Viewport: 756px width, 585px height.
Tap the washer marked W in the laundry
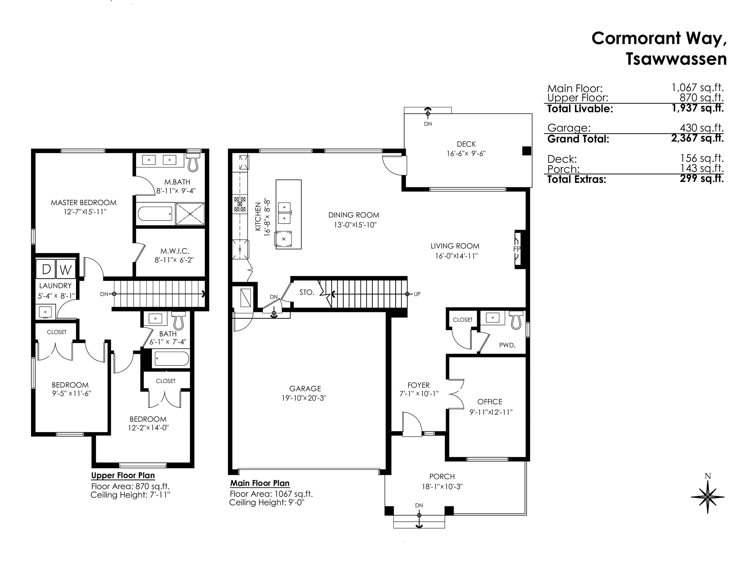(66, 269)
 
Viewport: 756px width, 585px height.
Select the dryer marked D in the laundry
(46, 269)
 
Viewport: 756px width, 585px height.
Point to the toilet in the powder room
(516, 319)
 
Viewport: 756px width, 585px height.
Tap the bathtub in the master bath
(155, 214)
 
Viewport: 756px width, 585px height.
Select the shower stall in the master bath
(190, 214)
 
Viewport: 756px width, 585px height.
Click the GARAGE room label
(305, 388)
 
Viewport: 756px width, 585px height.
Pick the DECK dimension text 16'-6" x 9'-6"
(466, 153)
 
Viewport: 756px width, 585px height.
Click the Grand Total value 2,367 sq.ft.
(697, 138)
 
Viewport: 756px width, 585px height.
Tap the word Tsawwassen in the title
(676, 59)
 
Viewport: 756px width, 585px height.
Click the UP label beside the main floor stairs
(417, 294)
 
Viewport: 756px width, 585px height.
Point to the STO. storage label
(307, 292)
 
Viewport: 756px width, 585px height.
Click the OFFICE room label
(489, 402)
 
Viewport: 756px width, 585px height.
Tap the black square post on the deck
(526, 151)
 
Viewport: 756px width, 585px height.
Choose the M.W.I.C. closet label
(174, 251)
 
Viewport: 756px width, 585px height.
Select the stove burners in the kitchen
(240, 204)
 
